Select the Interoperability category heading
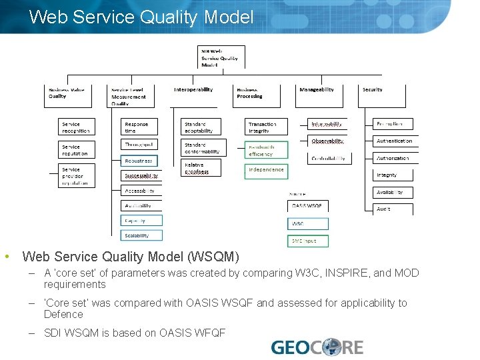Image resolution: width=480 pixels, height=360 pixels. pyautogui.click(x=193, y=90)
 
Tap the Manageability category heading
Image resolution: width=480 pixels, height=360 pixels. pyautogui.click(x=317, y=90)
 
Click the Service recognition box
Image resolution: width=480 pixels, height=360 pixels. pyautogui.click(x=75, y=127)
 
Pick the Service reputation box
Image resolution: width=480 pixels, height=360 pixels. pyautogui.click(x=75, y=150)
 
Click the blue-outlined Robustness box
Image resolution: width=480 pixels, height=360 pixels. pyautogui.click(x=140, y=161)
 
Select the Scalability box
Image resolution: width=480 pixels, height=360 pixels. pyautogui.click(x=141, y=235)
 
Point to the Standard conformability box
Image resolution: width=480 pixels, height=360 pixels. pyautogui.click(x=203, y=148)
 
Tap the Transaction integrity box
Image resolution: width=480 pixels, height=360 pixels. pyautogui.click(x=267, y=127)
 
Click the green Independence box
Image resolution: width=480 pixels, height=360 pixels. pyautogui.click(x=267, y=170)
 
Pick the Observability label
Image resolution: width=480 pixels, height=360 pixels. pyautogui.click(x=328, y=141)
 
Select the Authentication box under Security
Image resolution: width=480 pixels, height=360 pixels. pyautogui.click(x=393, y=141)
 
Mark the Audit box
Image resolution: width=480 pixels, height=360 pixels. pyautogui.click(x=393, y=209)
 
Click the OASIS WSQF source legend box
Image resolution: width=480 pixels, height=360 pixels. pyautogui.click(x=308, y=206)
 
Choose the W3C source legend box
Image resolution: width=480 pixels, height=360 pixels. pyautogui.click(x=308, y=223)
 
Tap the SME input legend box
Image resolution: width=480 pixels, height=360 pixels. pyautogui.click(x=308, y=240)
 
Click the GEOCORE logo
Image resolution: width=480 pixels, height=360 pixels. pyautogui.click(x=317, y=347)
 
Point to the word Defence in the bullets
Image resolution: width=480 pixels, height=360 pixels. pyautogui.click(x=63, y=315)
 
